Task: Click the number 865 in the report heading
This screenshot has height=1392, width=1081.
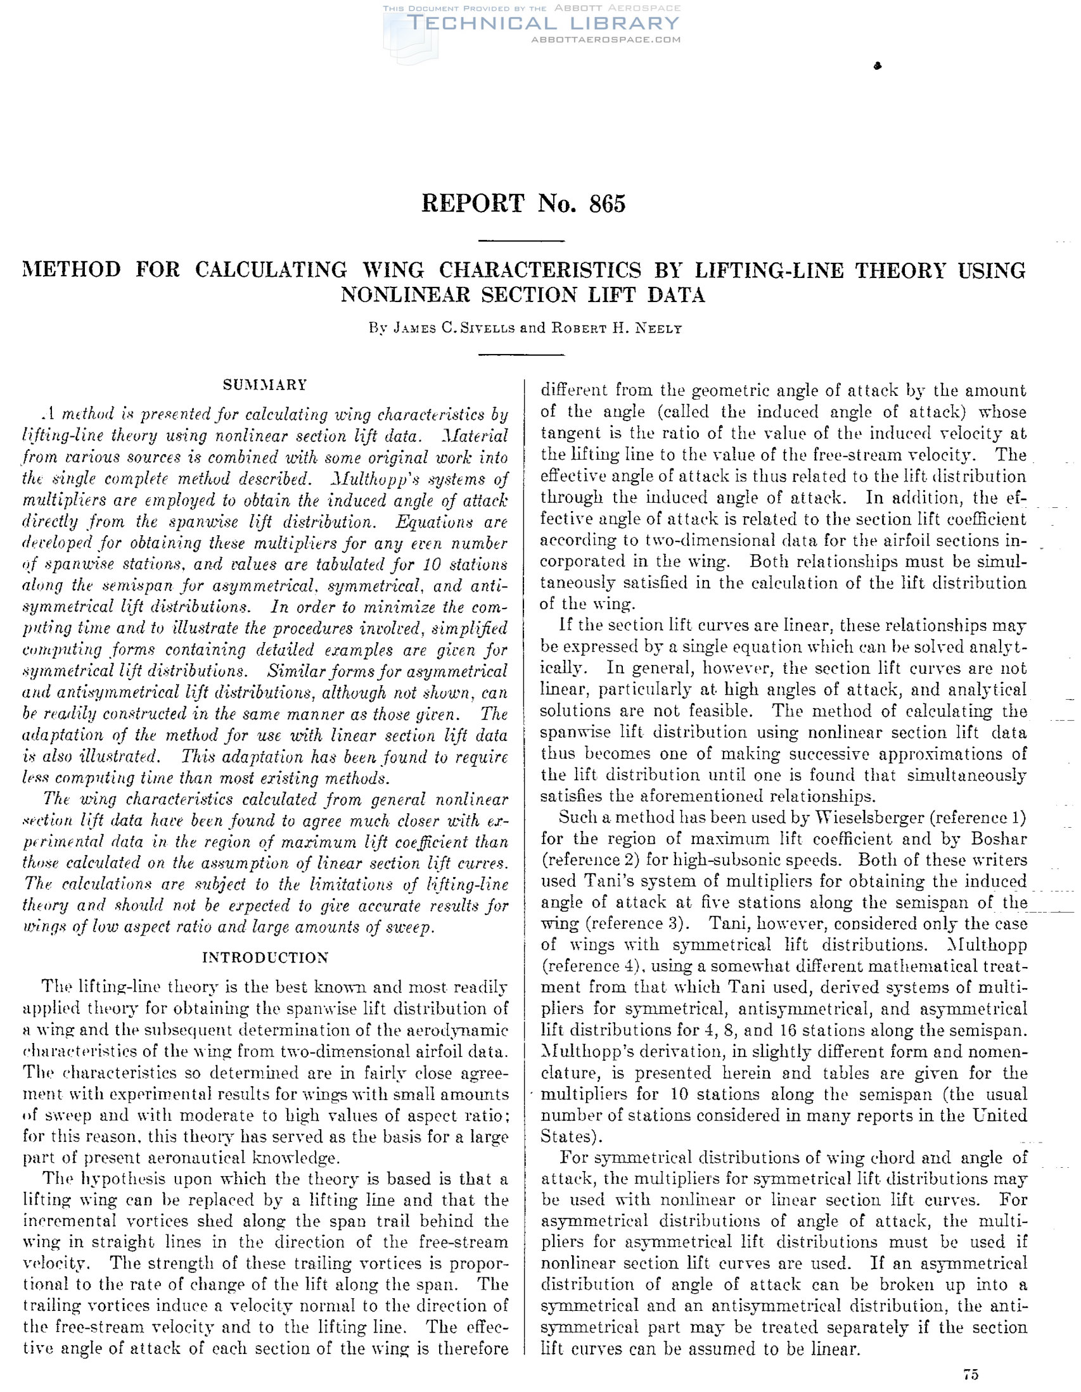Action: [x=607, y=204]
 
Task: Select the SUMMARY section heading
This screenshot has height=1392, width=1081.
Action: [x=265, y=385]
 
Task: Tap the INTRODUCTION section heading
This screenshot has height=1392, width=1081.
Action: [x=265, y=958]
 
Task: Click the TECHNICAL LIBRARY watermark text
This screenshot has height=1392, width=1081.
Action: [x=542, y=23]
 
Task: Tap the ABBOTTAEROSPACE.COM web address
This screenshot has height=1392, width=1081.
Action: [x=605, y=39]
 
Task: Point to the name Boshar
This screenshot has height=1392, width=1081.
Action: [x=996, y=839]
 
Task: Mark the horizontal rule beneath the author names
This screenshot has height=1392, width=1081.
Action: [x=521, y=355]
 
